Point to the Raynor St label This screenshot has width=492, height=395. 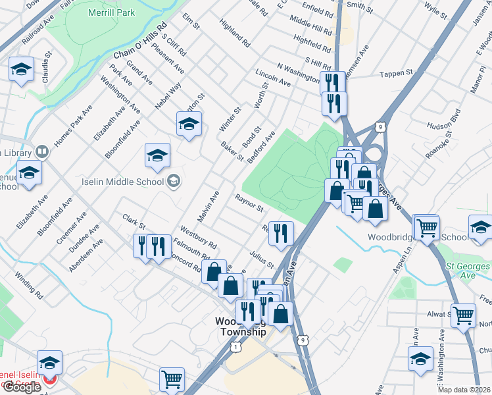pos(249,203)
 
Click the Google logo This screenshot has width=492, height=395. pos(22,387)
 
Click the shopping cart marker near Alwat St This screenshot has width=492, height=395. pos(463,315)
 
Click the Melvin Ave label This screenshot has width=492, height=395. pos(208,207)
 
